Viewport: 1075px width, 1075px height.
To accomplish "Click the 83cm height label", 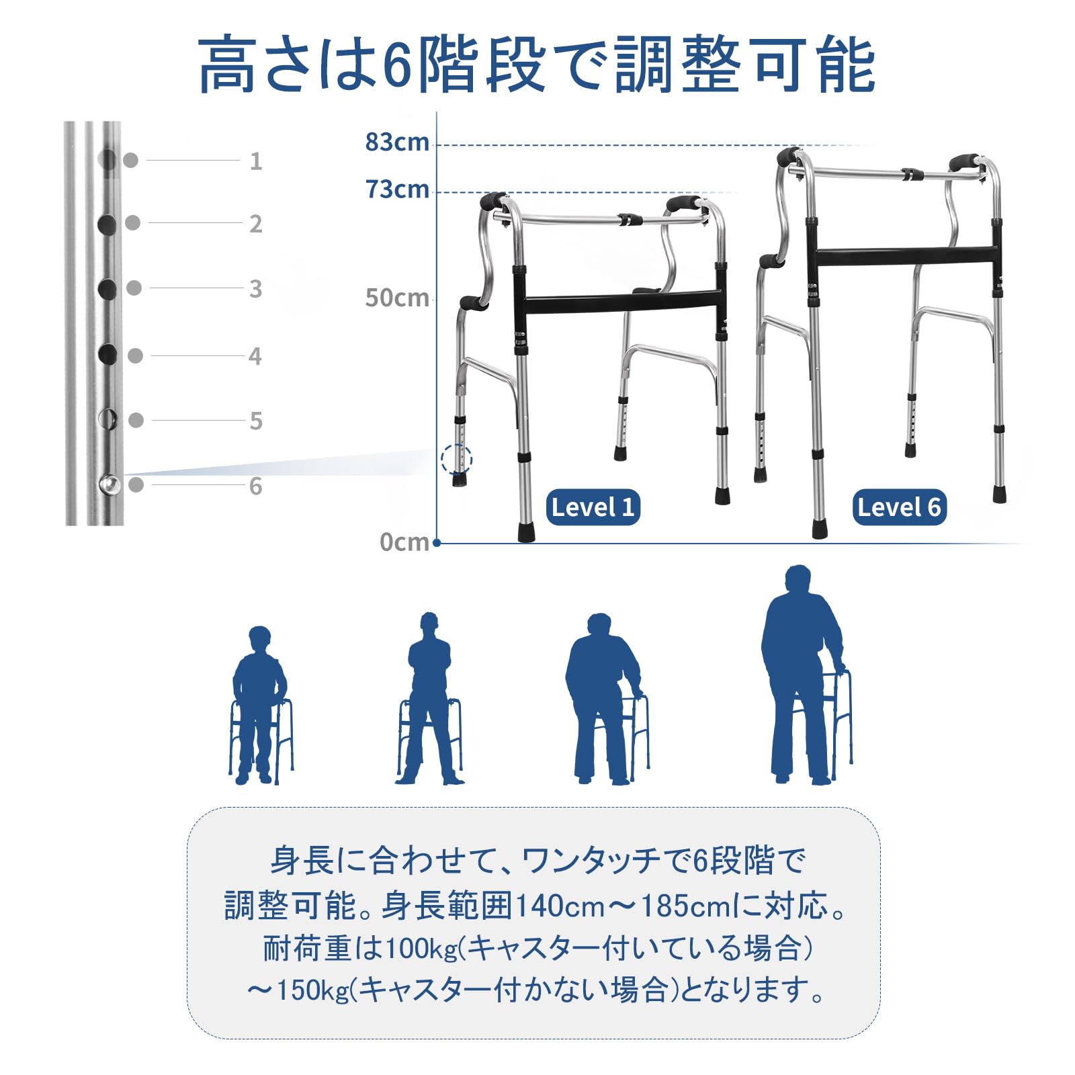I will click(396, 142).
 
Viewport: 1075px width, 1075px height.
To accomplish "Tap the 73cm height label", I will click(396, 189).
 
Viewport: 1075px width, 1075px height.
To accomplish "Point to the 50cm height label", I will click(396, 298).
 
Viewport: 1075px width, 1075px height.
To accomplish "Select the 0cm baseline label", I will click(404, 542).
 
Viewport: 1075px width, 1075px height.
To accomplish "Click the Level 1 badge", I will click(593, 507).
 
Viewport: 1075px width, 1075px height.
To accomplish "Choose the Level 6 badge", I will click(899, 507).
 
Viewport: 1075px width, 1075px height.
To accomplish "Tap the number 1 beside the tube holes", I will click(255, 161).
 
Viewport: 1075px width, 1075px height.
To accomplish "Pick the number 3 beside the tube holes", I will click(255, 289).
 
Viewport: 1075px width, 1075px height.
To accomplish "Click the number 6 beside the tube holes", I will click(255, 486).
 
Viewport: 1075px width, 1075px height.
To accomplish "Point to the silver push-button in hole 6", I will click(109, 484).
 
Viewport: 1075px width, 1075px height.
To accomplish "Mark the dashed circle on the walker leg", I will click(457, 460).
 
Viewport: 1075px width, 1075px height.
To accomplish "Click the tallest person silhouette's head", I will click(798, 579).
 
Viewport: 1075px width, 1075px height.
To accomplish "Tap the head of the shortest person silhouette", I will click(259, 637).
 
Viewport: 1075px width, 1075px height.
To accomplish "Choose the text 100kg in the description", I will click(421, 949).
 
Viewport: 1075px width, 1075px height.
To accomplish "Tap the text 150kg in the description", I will click(312, 990).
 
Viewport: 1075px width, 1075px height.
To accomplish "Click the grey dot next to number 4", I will click(135, 356).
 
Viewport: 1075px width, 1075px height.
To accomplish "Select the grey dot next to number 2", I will click(133, 222).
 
